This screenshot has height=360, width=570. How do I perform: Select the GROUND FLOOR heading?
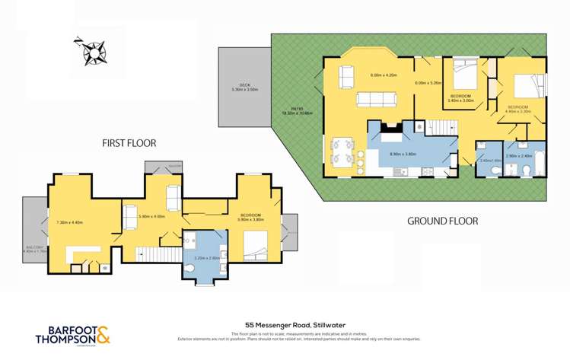tap(442, 221)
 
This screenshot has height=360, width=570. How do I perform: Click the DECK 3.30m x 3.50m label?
tap(245, 88)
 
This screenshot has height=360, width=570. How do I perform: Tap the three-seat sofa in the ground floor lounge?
tap(377, 99)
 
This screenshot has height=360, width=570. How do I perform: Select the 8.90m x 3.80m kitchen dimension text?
tap(403, 154)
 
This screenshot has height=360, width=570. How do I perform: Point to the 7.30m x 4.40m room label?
tap(70, 223)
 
